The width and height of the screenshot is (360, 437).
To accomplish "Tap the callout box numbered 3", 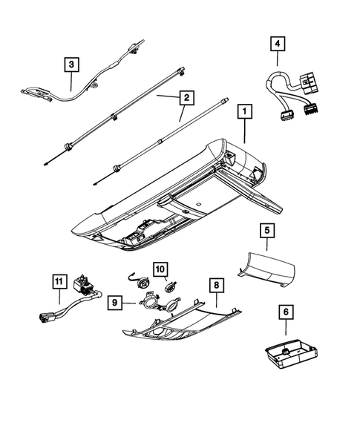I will (71, 65).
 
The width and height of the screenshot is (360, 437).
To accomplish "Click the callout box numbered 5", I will (265, 231).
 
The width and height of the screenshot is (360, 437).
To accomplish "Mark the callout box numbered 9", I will (115, 302).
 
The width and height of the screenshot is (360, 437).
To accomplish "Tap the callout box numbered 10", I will (161, 268).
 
